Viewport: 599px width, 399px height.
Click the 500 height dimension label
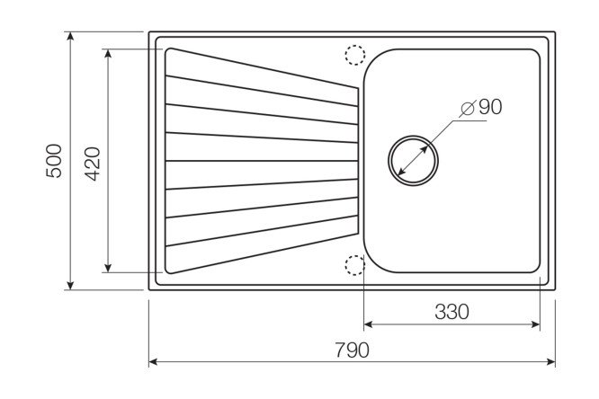click(x=53, y=161)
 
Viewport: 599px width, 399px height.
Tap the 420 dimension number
click(x=93, y=164)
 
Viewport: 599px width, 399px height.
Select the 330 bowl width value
click(x=451, y=312)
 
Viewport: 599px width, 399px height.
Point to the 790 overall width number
click(x=352, y=350)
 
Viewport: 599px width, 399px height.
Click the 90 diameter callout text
click(x=490, y=107)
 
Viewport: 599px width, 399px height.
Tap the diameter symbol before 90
click(x=468, y=109)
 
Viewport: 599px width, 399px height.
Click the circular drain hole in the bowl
click(x=413, y=160)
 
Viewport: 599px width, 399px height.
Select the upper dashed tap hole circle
click(x=355, y=55)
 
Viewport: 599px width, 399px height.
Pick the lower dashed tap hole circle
click(x=355, y=265)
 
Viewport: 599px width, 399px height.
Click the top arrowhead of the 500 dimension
click(x=70, y=36)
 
